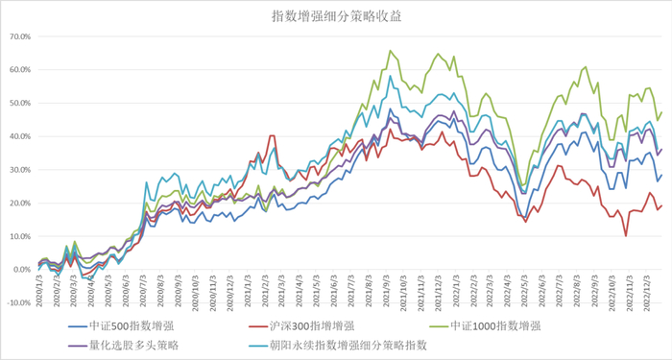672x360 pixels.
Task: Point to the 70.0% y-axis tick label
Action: pos(19,37)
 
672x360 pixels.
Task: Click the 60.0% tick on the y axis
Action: pos(19,70)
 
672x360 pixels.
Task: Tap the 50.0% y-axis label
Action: pos(19,104)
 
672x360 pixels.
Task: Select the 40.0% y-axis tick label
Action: pos(19,136)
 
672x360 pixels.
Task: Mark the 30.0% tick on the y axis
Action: pos(19,170)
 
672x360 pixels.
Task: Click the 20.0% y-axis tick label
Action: pos(19,203)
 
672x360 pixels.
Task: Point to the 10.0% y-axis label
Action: pos(19,236)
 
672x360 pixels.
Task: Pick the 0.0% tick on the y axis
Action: pos(21,270)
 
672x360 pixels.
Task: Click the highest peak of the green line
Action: pos(390,51)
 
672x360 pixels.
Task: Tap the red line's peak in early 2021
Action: pos(273,136)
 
